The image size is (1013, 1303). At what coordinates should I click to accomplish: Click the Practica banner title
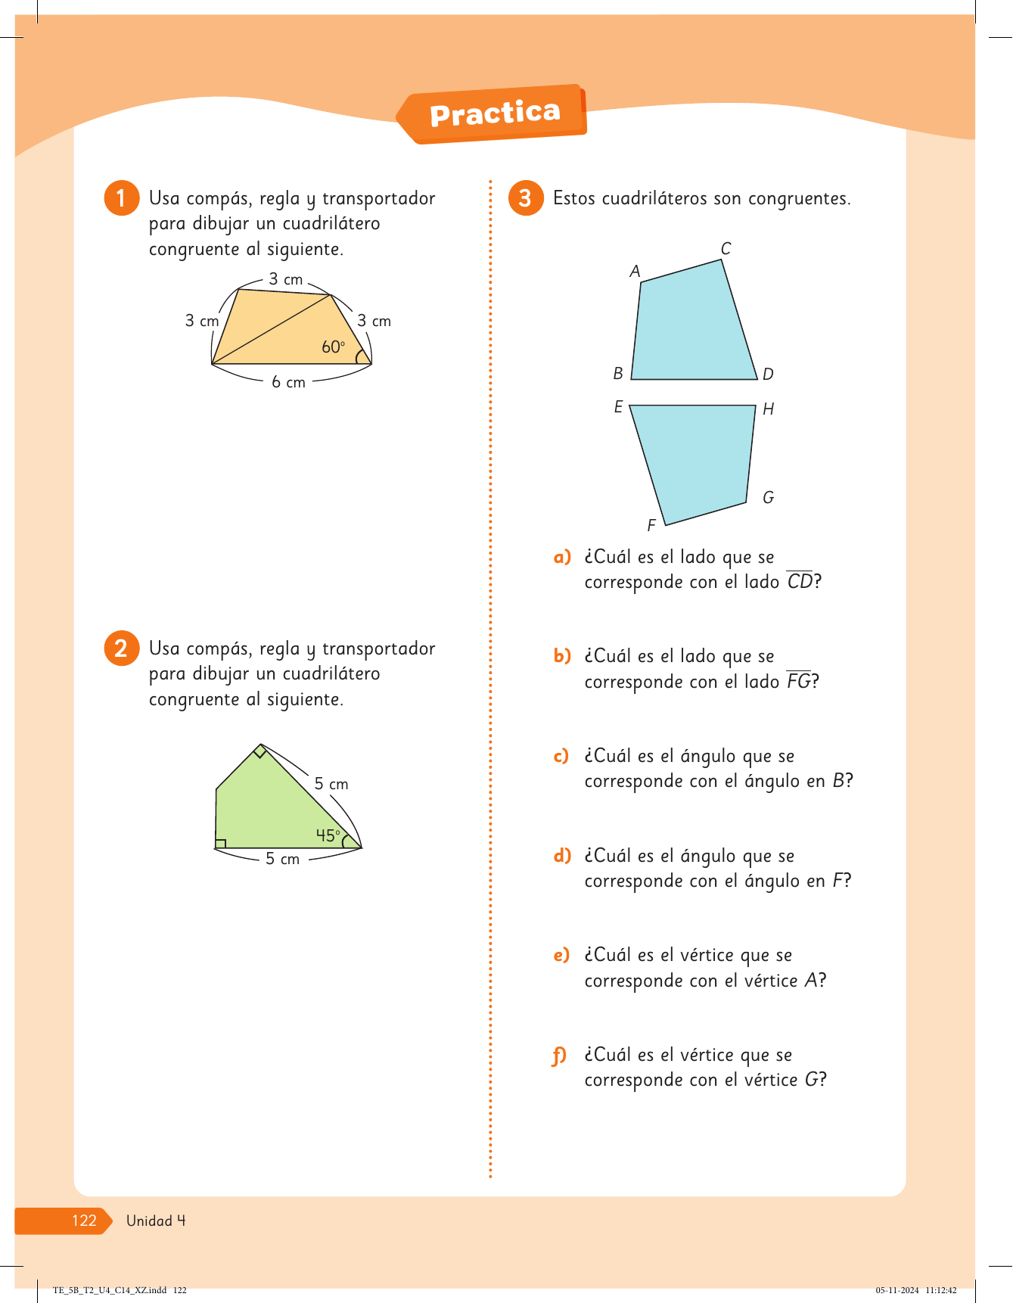click(496, 114)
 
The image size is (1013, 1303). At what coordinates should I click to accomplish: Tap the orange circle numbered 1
click(121, 198)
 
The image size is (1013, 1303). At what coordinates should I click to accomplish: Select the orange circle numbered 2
click(121, 648)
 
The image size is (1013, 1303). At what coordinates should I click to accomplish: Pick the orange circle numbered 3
click(526, 198)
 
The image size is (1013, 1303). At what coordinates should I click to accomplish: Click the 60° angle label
click(333, 347)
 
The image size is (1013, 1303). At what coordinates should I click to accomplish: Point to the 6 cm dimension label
click(288, 382)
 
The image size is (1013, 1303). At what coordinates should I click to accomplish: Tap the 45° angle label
click(328, 835)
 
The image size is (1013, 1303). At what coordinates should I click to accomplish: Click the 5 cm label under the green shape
click(282, 859)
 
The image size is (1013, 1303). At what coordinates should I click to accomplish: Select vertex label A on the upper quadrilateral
click(635, 271)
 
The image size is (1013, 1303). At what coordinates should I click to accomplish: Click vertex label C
click(726, 248)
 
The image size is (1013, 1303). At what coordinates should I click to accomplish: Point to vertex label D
click(768, 374)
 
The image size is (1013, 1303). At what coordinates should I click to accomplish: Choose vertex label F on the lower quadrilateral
click(651, 525)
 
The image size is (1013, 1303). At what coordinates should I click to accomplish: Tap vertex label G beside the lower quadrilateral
click(768, 497)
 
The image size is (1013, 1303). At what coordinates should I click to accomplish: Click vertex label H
click(768, 409)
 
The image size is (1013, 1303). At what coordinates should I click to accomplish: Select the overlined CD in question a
click(800, 580)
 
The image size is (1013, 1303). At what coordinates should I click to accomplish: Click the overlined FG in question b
click(799, 680)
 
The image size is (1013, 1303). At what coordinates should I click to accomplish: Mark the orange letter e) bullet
click(561, 955)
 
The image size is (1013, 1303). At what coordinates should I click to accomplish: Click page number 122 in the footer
click(84, 1220)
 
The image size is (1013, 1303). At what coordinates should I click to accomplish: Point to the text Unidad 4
click(156, 1220)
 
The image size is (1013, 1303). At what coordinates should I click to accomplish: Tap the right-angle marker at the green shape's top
click(259, 751)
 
